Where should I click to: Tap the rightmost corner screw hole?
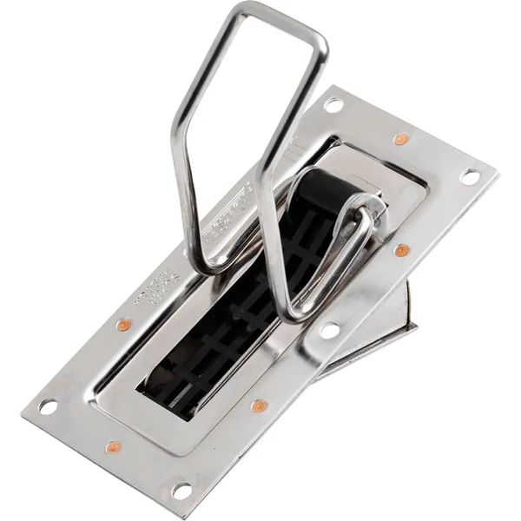(x=470, y=176)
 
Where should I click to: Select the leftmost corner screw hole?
(x=48, y=406)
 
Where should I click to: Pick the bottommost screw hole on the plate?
(x=181, y=491)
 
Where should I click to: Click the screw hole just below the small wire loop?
(x=329, y=331)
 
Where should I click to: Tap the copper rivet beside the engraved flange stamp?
(x=123, y=325)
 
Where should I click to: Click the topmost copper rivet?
(x=400, y=139)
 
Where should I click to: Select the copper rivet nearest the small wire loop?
(x=401, y=251)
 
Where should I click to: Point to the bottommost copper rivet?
(x=113, y=448)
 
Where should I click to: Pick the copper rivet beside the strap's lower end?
(x=258, y=406)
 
